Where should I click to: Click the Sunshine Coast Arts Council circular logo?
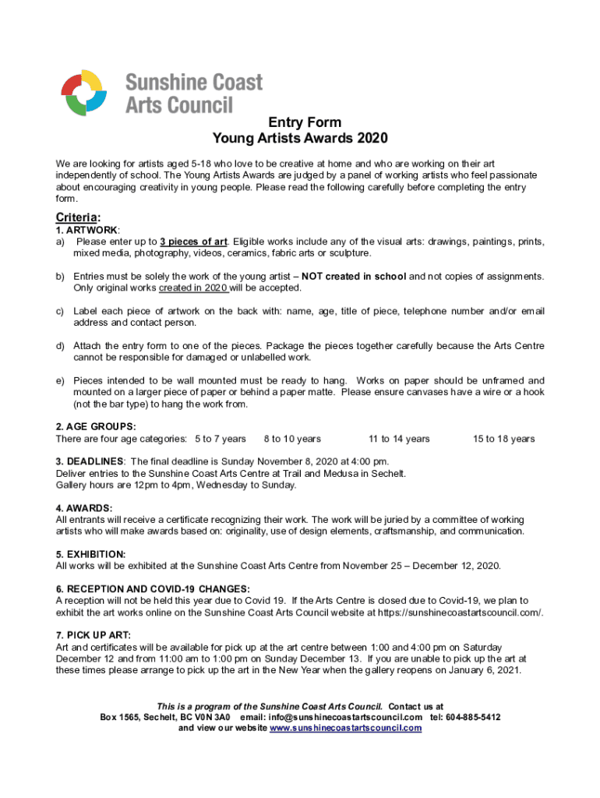pos(83,93)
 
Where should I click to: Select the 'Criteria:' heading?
pos(79,217)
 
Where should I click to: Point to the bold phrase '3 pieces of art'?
pos(194,242)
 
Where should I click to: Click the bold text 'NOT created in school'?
pos(354,277)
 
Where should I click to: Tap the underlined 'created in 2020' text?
pos(193,288)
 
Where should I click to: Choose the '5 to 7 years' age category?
pos(221,439)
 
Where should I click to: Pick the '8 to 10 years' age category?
pos(292,439)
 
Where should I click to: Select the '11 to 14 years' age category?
pos(399,439)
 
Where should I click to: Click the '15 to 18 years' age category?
pos(503,439)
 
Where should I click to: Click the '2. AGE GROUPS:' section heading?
pos(96,427)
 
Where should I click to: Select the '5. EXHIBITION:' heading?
pos(91,554)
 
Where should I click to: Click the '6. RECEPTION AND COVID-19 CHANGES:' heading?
pos(153,589)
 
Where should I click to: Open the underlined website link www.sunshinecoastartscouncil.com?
pos(345,728)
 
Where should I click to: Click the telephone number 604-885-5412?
pos(473,717)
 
